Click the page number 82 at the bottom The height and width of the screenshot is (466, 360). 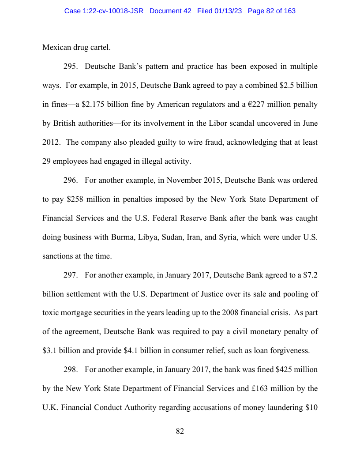(x=180, y=431)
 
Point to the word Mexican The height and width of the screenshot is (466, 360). (x=57, y=48)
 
